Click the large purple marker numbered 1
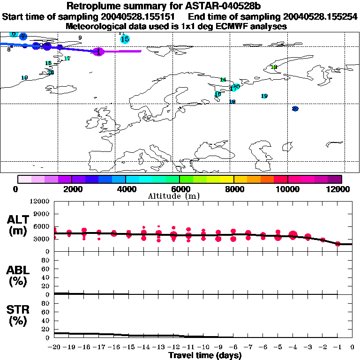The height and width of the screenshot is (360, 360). click(98, 52)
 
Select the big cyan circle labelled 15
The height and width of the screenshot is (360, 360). click(125, 39)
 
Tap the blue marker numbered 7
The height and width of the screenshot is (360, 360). click(23, 37)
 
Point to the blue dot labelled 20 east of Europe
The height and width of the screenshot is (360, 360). click(295, 109)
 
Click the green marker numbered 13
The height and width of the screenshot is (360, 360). click(274, 67)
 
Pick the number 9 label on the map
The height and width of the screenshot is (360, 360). click(80, 38)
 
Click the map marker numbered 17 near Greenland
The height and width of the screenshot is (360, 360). click(67, 59)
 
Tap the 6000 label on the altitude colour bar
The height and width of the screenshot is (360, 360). click(180, 189)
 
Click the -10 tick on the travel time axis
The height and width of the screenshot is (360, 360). click(203, 347)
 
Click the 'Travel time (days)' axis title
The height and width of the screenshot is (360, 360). click(205, 356)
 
